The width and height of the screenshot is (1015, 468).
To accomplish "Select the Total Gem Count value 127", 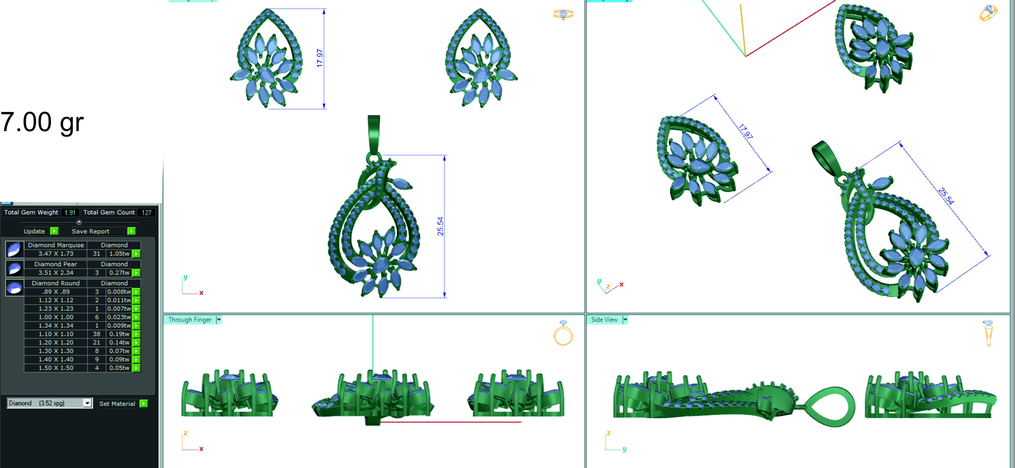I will click(x=146, y=212).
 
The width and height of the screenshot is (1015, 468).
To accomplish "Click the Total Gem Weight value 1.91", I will click(x=70, y=212).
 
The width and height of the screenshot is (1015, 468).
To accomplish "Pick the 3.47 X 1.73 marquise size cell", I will click(x=56, y=253).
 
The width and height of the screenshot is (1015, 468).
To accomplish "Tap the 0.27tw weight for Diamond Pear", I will click(x=119, y=272).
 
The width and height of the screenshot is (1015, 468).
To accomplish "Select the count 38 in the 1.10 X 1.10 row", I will click(x=97, y=334).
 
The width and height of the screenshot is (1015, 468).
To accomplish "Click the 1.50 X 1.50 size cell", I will click(x=56, y=368).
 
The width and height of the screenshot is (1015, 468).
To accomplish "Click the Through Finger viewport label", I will click(x=190, y=319).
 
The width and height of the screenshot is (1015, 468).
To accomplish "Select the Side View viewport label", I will click(x=604, y=319).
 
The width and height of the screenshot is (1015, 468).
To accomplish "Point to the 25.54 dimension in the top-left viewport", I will click(x=440, y=226).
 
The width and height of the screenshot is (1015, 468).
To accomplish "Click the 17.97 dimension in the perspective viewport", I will click(x=745, y=132).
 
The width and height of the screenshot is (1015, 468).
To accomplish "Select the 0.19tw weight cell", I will click(x=119, y=334).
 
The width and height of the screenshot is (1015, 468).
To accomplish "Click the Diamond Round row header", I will click(x=56, y=283).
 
